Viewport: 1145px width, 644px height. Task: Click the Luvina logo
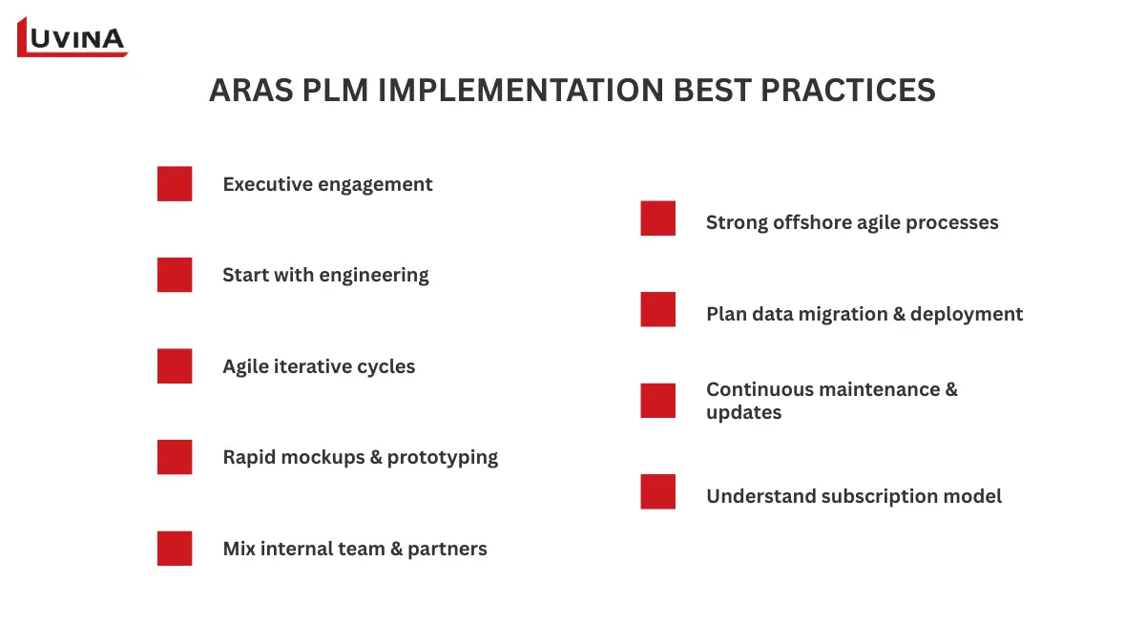tap(73, 37)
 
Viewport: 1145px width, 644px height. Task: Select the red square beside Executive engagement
tap(175, 184)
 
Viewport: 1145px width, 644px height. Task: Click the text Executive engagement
tap(327, 184)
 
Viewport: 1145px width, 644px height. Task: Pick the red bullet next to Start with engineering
tap(175, 275)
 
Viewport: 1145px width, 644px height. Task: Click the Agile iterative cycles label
tap(319, 366)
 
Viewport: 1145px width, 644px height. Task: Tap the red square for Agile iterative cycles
tap(175, 366)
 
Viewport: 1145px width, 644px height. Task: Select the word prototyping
tap(442, 458)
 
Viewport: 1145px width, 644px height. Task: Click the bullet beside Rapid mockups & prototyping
tap(175, 457)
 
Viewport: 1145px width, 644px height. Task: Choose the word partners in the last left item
tap(448, 549)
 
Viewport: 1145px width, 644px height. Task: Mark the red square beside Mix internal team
tap(175, 549)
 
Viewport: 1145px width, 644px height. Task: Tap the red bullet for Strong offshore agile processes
tap(658, 218)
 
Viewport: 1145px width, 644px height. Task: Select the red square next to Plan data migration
tap(658, 309)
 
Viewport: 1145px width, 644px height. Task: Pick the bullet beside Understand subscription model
tap(658, 492)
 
